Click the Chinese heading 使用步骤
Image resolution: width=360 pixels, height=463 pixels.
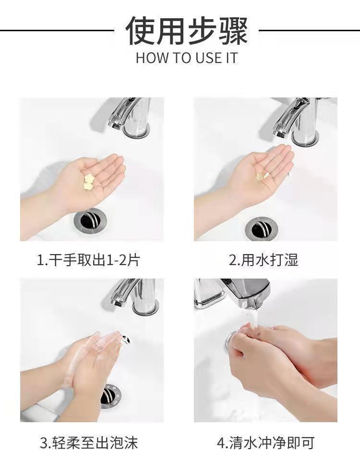(x=187, y=30)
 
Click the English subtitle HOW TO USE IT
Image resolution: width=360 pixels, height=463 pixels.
(x=187, y=58)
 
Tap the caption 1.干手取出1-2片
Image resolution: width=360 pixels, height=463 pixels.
(x=88, y=260)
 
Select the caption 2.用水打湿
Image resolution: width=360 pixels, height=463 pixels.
(x=264, y=260)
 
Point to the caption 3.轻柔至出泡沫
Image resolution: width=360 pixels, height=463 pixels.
(x=89, y=443)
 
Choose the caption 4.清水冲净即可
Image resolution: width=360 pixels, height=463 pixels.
(x=265, y=443)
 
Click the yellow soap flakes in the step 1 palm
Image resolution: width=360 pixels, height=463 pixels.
(x=88, y=182)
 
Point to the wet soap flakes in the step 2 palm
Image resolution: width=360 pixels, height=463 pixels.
(x=263, y=177)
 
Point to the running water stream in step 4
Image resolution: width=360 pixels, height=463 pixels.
(x=252, y=320)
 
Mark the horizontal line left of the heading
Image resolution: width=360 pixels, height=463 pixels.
(x=57, y=30)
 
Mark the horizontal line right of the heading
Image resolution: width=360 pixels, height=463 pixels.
(x=309, y=30)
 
